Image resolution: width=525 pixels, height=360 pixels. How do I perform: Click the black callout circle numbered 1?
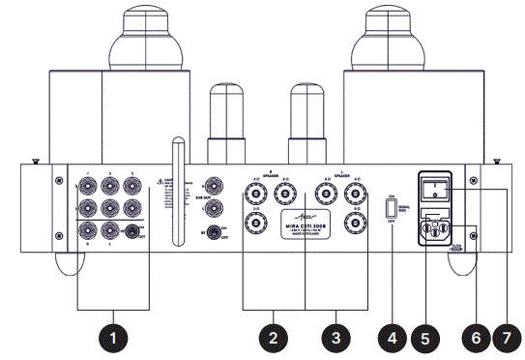116,338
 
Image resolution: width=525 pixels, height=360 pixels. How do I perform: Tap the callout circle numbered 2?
274,338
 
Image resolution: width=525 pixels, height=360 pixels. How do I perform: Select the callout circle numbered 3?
335,338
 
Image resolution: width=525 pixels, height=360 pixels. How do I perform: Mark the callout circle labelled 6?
474,338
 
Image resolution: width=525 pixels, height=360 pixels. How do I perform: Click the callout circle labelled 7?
505,338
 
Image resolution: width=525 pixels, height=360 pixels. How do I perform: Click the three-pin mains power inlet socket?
439,231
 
